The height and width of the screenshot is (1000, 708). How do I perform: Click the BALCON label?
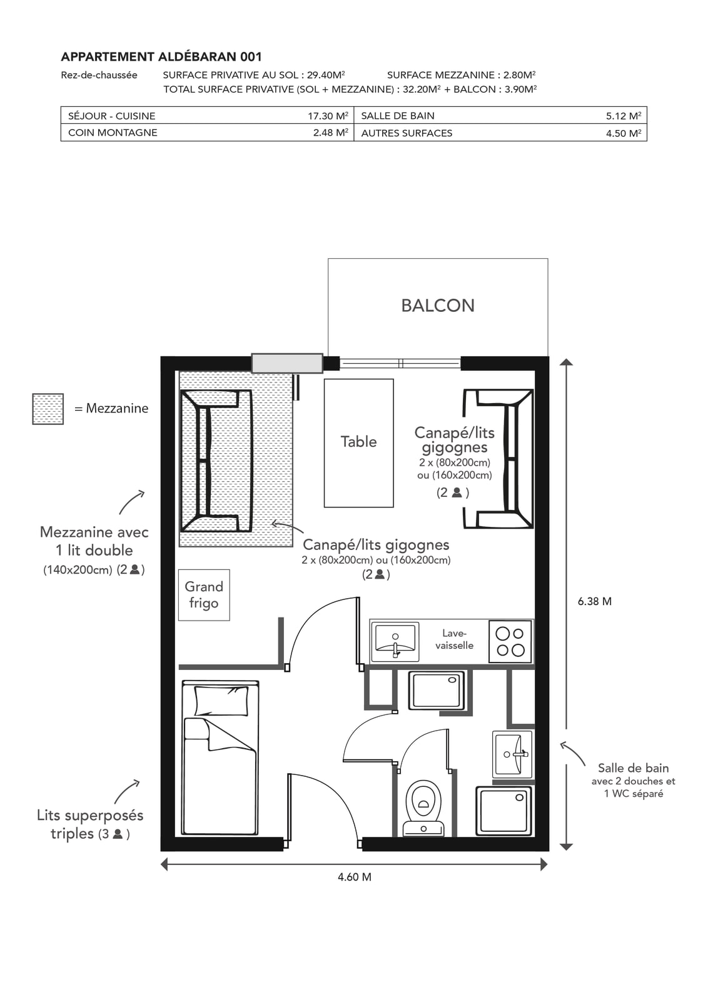tap(438, 306)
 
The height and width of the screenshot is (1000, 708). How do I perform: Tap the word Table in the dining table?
tap(358, 441)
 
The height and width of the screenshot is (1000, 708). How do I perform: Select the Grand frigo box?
tap(204, 594)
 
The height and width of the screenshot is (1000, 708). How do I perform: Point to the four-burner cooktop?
tap(510, 641)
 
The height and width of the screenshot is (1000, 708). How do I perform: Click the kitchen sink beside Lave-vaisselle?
tap(395, 641)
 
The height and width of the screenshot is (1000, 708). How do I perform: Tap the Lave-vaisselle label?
tap(454, 639)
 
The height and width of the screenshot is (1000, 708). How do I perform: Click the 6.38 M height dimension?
tap(595, 601)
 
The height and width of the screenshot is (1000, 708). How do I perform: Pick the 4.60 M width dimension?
tap(355, 877)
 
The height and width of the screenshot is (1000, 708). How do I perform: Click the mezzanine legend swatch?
tap(48, 409)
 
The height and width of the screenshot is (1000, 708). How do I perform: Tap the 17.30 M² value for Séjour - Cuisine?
tap(328, 116)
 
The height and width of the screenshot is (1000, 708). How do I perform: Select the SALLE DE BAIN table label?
tap(398, 116)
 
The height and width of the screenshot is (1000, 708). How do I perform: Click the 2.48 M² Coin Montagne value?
tap(331, 132)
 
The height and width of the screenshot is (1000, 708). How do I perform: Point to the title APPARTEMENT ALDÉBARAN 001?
tap(161, 57)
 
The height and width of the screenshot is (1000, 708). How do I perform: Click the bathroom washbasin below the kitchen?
tap(512, 754)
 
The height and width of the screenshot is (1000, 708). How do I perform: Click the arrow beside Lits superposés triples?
tap(126, 792)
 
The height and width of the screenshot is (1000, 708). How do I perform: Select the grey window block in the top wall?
tap(287, 363)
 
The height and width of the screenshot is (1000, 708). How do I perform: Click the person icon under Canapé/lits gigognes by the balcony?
tap(457, 492)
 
